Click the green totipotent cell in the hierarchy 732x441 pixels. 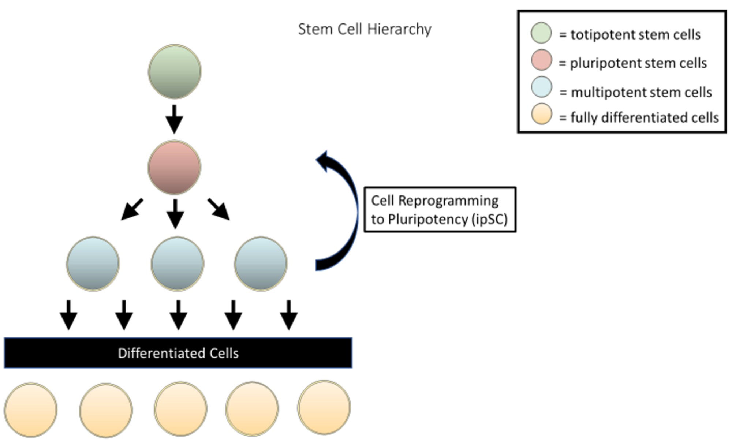click(175, 71)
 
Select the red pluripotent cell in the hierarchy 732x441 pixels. click(175, 167)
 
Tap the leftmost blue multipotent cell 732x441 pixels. click(93, 264)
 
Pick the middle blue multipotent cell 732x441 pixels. click(178, 264)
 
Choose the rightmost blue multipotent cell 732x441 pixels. click(261, 264)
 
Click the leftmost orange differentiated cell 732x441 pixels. click(31, 410)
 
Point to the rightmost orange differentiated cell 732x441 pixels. click(324, 408)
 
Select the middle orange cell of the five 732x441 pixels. click(180, 409)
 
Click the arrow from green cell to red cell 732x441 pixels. click(174, 119)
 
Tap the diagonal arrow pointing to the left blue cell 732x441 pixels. click(132, 209)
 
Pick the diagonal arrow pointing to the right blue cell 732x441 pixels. click(219, 209)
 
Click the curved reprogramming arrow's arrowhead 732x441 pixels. click(324, 160)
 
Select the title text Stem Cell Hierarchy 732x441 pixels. click(365, 29)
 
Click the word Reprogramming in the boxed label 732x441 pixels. click(448, 201)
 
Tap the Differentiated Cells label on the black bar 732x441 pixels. click(178, 353)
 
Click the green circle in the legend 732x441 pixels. click(541, 33)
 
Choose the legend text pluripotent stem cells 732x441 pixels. click(638, 63)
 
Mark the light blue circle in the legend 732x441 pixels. click(541, 87)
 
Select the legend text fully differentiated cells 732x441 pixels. click(645, 117)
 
